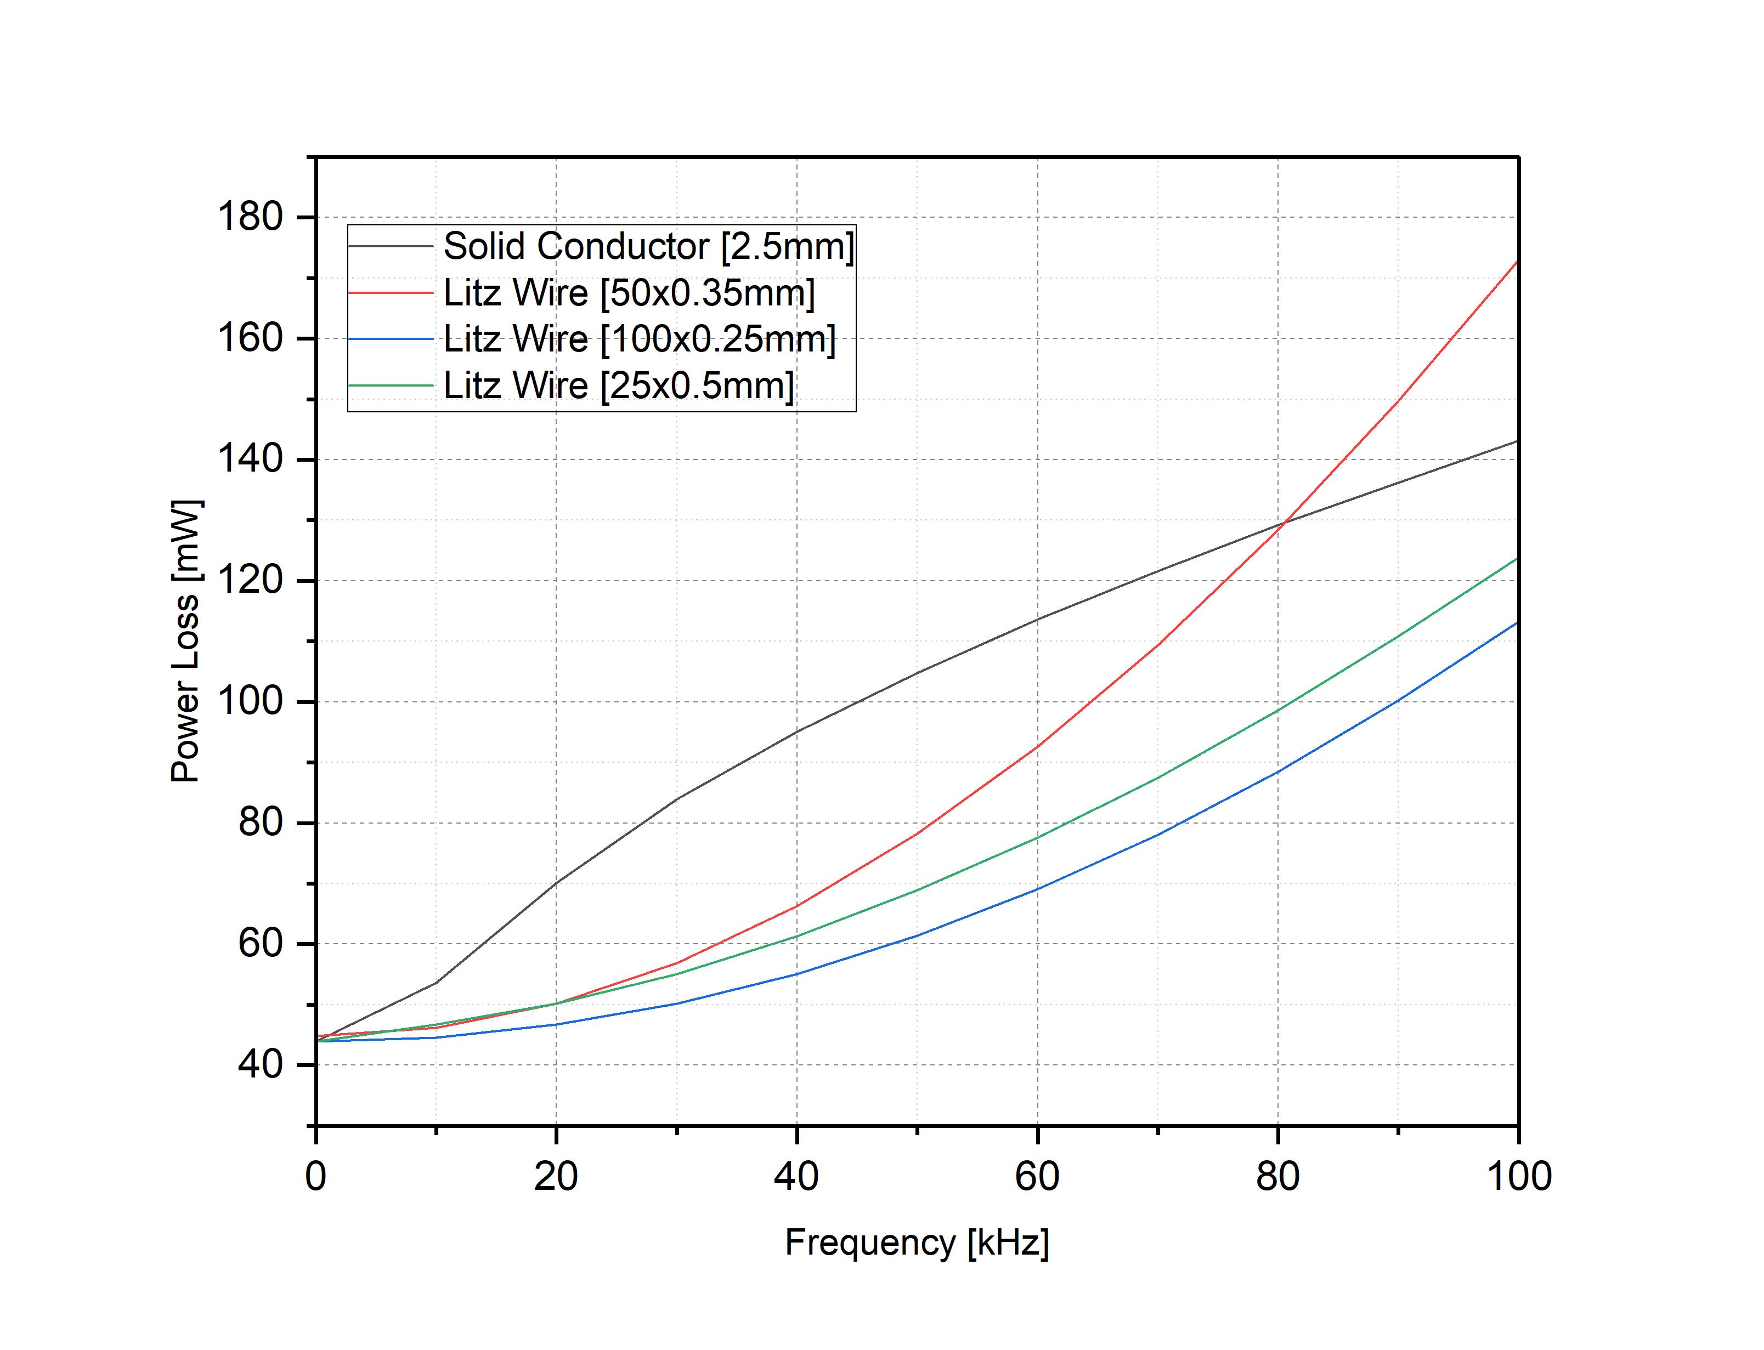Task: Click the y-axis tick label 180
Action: point(250,217)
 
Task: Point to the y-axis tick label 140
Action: point(250,459)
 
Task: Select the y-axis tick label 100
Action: point(250,701)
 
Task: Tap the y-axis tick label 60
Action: point(261,943)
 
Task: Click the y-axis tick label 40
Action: point(261,1065)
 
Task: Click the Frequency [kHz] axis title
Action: point(917,1243)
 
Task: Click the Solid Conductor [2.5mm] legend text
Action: point(648,246)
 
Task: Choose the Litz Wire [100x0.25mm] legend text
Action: point(640,339)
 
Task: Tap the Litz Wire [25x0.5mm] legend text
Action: point(619,385)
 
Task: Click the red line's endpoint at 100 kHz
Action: point(1517,261)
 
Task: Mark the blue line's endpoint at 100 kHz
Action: point(1517,623)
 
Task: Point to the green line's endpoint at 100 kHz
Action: point(1517,559)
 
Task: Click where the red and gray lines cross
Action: point(1284,523)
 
